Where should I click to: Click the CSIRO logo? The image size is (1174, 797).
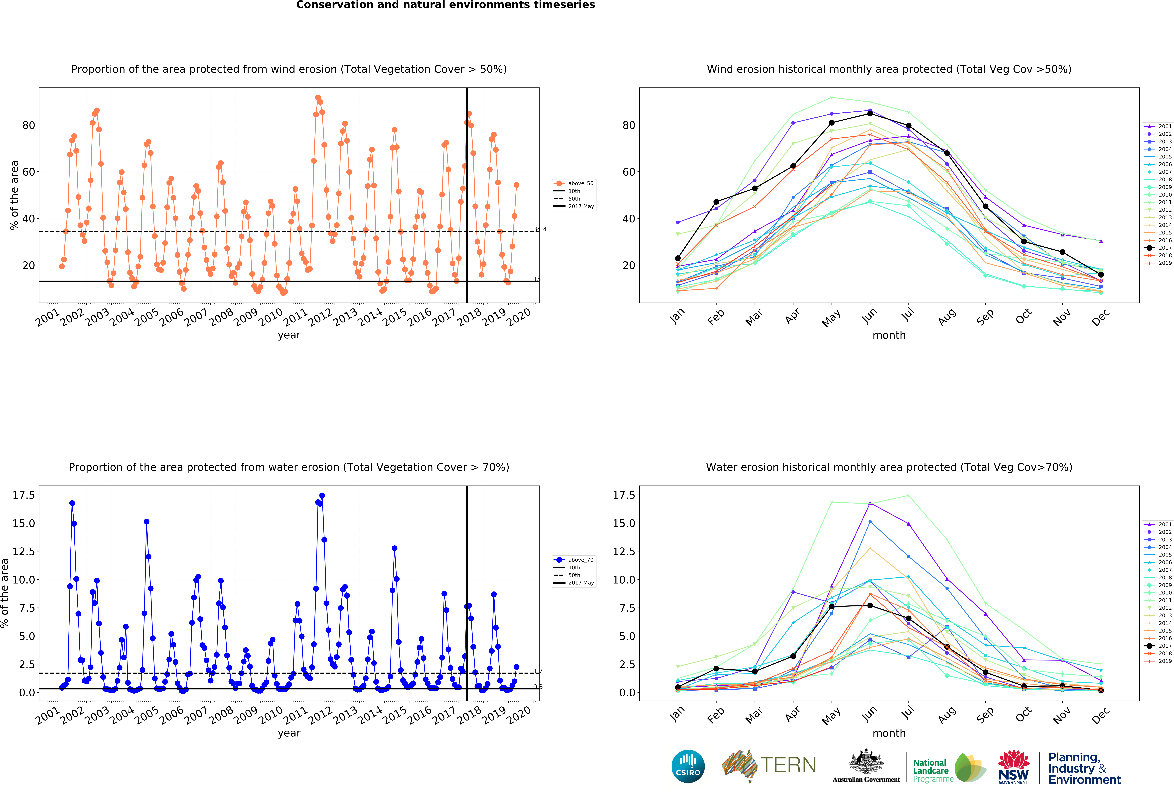click(688, 766)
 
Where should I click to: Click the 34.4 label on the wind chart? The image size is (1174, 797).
click(540, 229)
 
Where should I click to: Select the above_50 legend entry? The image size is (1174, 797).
click(574, 183)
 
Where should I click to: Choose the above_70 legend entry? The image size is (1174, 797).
click(574, 560)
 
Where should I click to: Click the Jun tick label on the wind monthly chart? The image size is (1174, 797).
click(869, 316)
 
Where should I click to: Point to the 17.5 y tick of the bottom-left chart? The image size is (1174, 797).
click(24, 495)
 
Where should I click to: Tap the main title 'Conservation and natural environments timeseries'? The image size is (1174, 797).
click(445, 5)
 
